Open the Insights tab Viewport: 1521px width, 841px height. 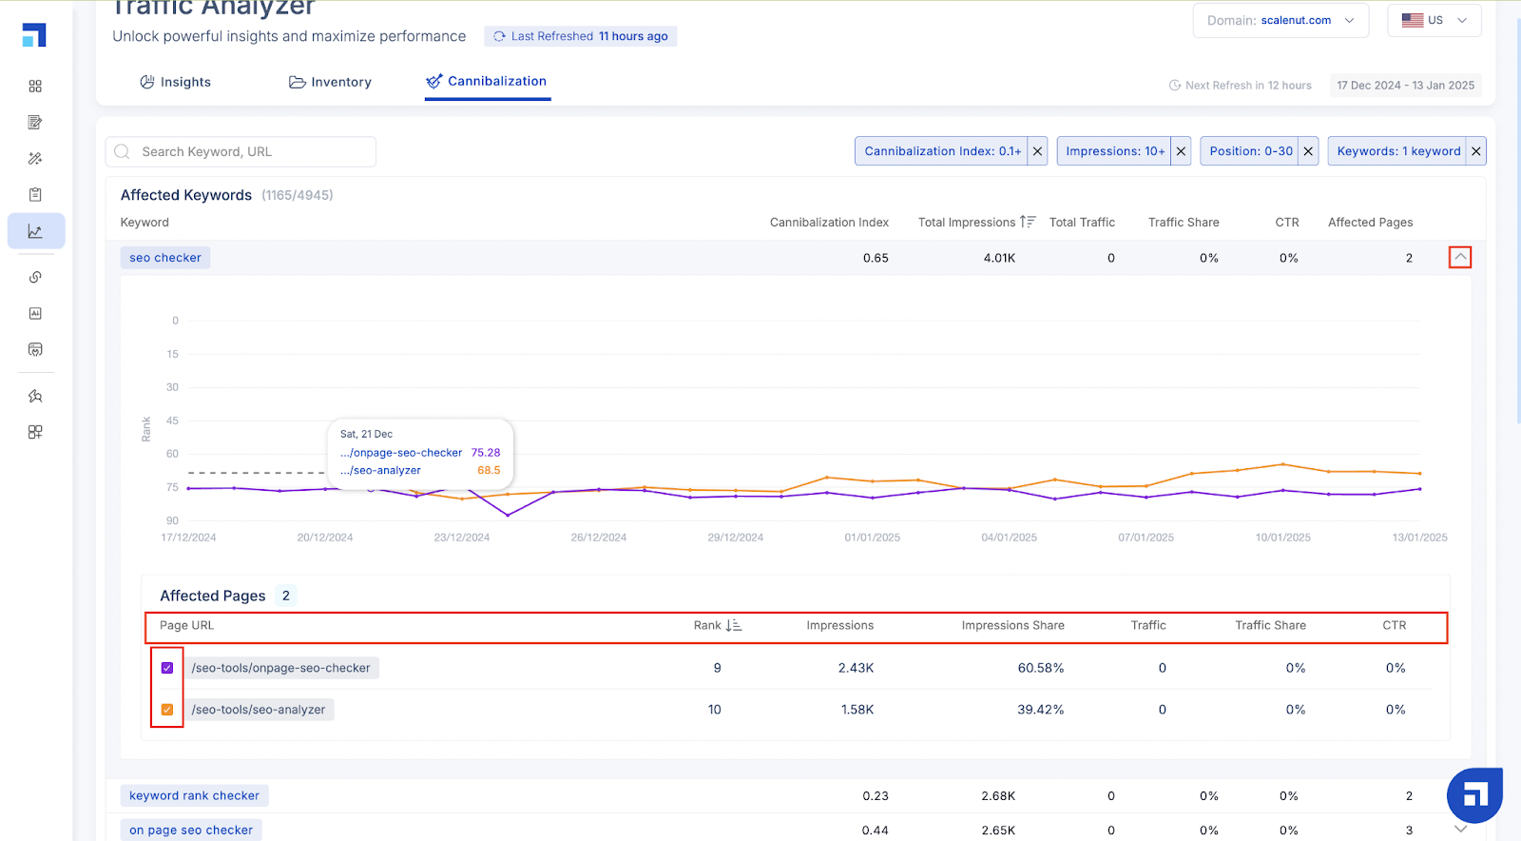point(175,82)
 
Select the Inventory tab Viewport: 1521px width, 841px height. point(330,82)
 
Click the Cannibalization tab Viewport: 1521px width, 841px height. point(487,82)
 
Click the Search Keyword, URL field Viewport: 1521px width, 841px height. point(241,151)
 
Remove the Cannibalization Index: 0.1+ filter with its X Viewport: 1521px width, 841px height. point(1037,151)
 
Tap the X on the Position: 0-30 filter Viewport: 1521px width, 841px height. point(1308,151)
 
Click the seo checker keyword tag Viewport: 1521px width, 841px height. point(165,258)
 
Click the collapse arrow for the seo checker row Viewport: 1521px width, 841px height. point(1460,257)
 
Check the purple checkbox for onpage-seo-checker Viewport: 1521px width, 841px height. point(167,668)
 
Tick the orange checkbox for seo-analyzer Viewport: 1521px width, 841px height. point(167,709)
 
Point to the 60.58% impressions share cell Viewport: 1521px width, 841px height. point(1040,668)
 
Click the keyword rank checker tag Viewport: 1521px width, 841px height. point(194,795)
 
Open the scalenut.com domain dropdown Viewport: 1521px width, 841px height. point(1280,20)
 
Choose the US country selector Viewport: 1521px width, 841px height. point(1434,20)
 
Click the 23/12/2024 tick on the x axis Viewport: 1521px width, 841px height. point(462,538)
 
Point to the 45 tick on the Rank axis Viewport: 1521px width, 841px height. point(172,420)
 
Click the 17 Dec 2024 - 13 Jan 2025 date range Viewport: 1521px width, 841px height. point(1406,85)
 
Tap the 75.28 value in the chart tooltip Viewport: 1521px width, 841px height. point(486,453)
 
